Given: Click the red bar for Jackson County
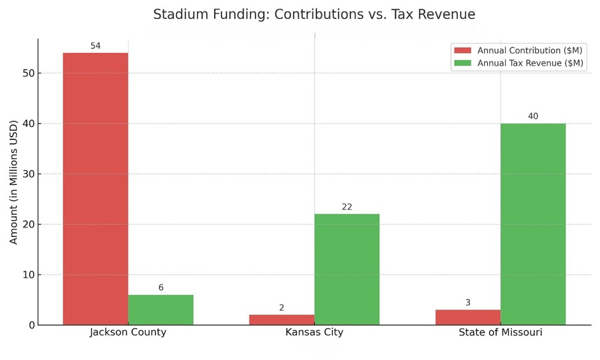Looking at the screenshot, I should pyautogui.click(x=95, y=188).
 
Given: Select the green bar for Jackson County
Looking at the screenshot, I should pyautogui.click(x=161, y=310).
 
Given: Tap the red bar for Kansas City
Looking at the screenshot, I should pyautogui.click(x=282, y=319).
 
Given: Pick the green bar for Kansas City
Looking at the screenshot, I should pyautogui.click(x=347, y=269).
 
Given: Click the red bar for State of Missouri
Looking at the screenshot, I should pyautogui.click(x=468, y=317).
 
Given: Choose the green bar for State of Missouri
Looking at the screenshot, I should pyautogui.click(x=533, y=224).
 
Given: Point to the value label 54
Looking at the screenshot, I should pyautogui.click(x=95, y=46).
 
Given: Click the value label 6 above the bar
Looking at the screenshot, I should pyautogui.click(x=161, y=288).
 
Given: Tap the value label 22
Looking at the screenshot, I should pyautogui.click(x=347, y=207).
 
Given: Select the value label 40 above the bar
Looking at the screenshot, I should pyautogui.click(x=533, y=116).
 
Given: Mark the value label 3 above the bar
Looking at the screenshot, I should pyautogui.click(x=468, y=303).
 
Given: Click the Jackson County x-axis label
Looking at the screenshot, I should pyautogui.click(x=128, y=333).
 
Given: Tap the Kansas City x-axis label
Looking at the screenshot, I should pyautogui.click(x=314, y=333).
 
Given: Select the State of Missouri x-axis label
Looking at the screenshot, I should pyautogui.click(x=500, y=333).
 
